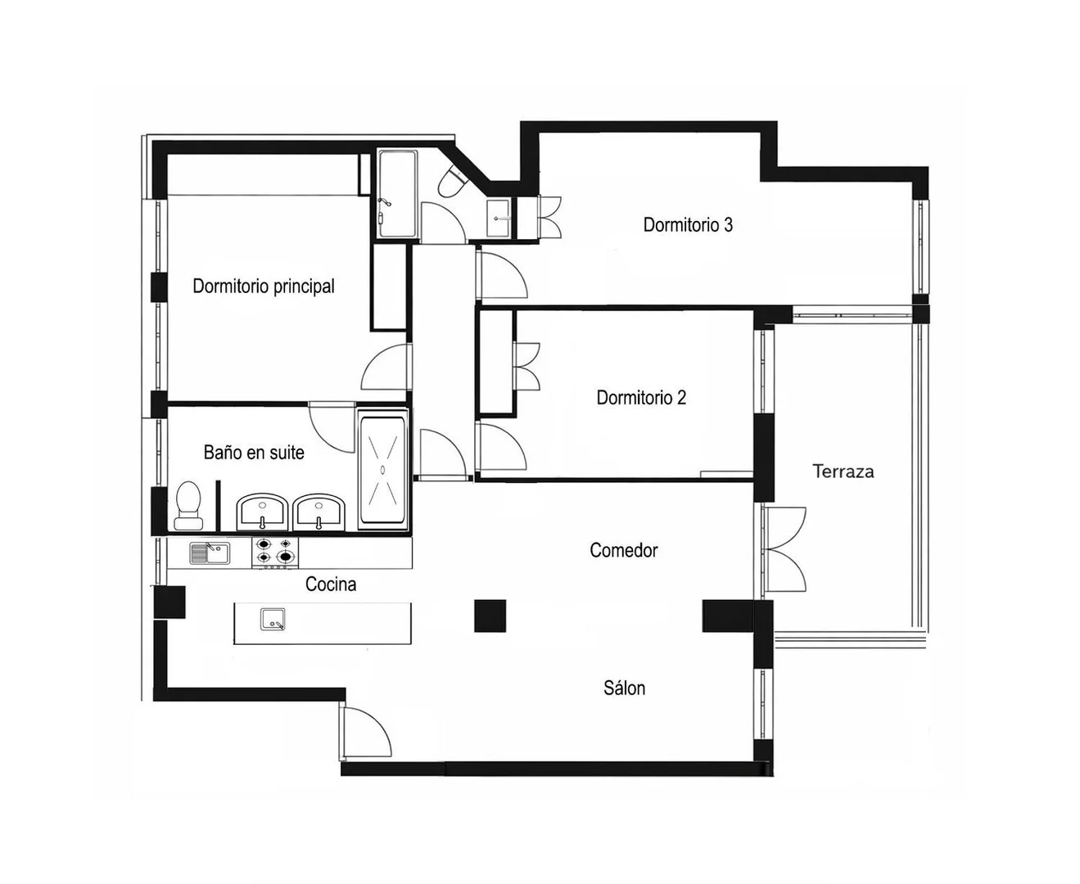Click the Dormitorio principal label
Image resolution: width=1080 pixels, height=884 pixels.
pyautogui.click(x=263, y=286)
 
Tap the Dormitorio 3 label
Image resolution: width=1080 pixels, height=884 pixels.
pyautogui.click(x=688, y=225)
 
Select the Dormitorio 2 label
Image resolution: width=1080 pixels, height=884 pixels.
pyautogui.click(x=641, y=397)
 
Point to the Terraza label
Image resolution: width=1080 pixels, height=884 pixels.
pyautogui.click(x=843, y=471)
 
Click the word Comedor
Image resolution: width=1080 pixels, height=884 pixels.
pyautogui.click(x=624, y=550)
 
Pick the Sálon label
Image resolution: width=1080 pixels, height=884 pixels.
pyautogui.click(x=624, y=688)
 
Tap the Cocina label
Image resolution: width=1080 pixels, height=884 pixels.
pyautogui.click(x=331, y=584)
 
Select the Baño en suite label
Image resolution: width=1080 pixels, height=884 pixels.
pyautogui.click(x=254, y=453)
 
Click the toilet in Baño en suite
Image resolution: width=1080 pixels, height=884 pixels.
pyautogui.click(x=188, y=505)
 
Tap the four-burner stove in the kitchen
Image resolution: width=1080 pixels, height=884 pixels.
pyautogui.click(x=275, y=552)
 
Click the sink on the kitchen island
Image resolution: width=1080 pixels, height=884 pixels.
pyautogui.click(x=273, y=619)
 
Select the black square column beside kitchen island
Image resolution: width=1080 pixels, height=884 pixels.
pyautogui.click(x=490, y=616)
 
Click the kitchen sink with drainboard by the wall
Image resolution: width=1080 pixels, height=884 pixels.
pyautogui.click(x=210, y=553)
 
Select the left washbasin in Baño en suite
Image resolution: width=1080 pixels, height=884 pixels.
pyautogui.click(x=262, y=512)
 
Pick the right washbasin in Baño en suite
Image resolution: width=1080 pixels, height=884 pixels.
pyautogui.click(x=319, y=512)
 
